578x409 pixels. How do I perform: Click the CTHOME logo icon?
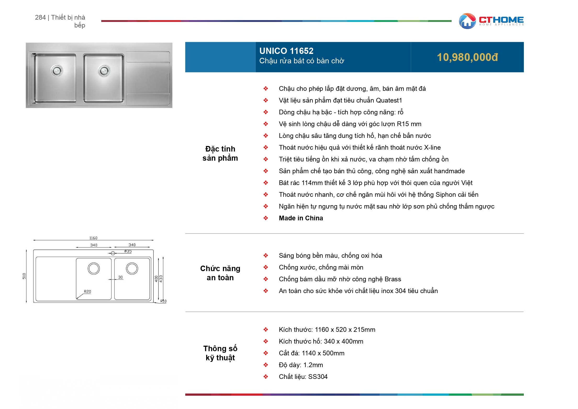tap(467, 21)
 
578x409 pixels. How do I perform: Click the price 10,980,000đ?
tap(467, 57)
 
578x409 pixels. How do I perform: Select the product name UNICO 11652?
tap(286, 51)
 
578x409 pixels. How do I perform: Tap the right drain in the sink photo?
tap(104, 70)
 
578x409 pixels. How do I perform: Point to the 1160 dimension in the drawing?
tap(93, 238)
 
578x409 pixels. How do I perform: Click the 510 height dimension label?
tap(24, 276)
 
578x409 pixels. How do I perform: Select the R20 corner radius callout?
tap(87, 292)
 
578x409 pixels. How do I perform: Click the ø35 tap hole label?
tap(128, 251)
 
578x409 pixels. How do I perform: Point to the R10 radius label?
tap(163, 301)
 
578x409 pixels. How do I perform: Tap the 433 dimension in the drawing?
tap(161, 279)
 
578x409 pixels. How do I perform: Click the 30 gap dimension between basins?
tap(120, 277)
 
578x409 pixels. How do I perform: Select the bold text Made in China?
tap(301, 218)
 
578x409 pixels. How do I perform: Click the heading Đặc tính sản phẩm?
tap(220, 153)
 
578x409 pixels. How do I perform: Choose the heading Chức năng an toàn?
tap(220, 273)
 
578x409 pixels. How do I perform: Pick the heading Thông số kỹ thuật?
tap(220, 353)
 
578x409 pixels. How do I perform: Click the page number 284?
tap(40, 17)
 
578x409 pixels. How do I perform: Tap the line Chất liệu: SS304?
tap(303, 377)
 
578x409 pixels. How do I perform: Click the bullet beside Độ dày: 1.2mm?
tap(266, 365)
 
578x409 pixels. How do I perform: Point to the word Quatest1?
tap(389, 100)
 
